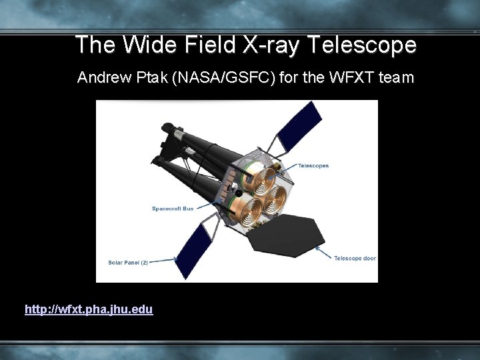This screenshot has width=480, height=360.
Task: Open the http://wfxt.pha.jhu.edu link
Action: [89, 309]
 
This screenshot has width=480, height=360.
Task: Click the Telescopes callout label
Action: [313, 166]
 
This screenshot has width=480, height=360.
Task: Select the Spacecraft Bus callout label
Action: [173, 209]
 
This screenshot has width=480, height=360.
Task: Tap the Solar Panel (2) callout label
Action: [128, 262]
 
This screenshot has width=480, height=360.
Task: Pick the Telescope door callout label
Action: [355, 258]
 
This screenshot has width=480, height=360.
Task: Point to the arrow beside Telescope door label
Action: [326, 253]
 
